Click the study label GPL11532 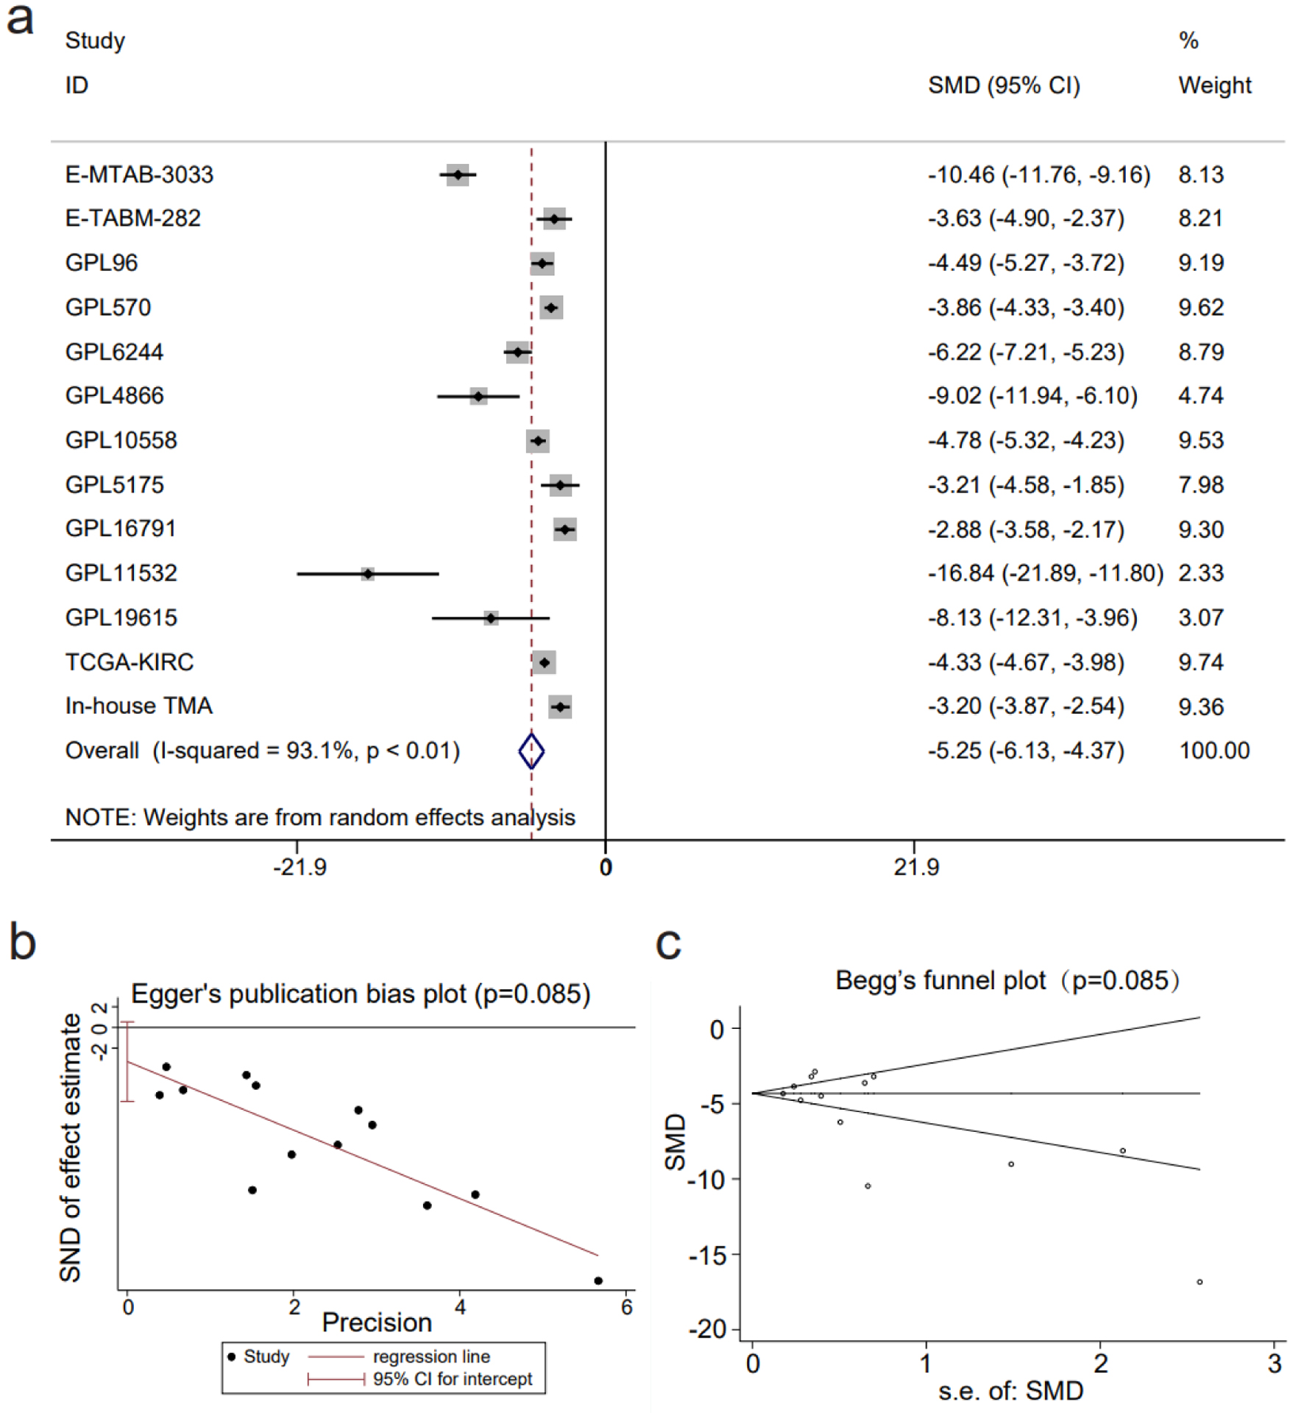tap(121, 573)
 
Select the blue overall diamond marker tap(531, 751)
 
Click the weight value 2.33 tap(1200, 573)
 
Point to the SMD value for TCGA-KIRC tap(1025, 662)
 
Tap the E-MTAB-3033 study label tap(139, 174)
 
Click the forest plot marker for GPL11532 tap(367, 573)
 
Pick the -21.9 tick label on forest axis tap(300, 868)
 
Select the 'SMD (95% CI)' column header tap(1003, 85)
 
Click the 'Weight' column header tap(1214, 85)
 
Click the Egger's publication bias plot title tap(361, 994)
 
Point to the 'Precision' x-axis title tap(377, 1322)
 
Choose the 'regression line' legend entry tap(430, 1356)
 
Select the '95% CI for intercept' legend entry tap(452, 1378)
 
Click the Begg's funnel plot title tap(1007, 980)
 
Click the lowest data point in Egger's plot tap(598, 1281)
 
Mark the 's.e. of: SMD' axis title tap(1010, 1390)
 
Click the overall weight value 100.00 tap(1214, 751)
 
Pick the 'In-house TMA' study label tap(138, 706)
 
